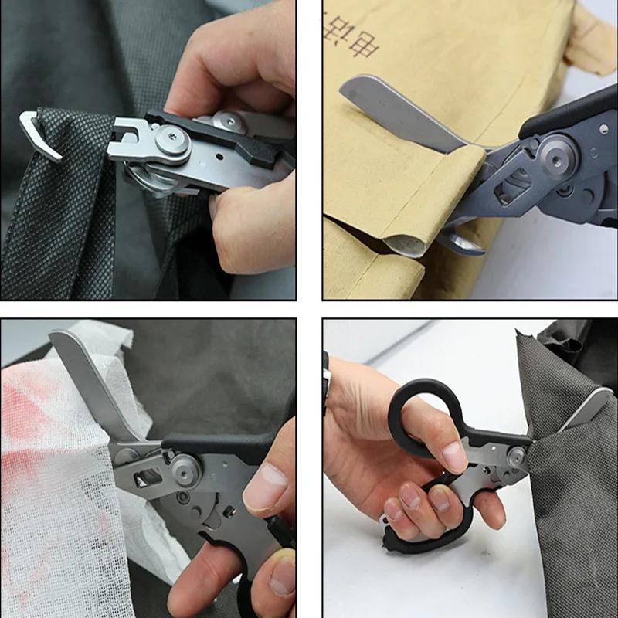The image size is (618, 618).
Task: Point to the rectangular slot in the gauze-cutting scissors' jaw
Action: tap(147, 479)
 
